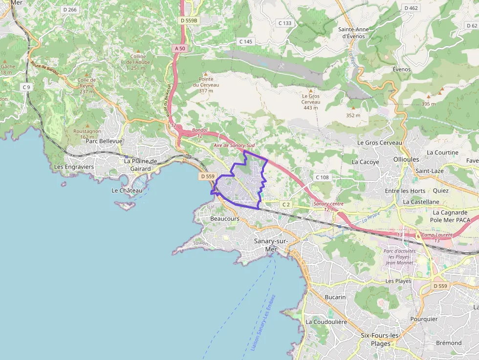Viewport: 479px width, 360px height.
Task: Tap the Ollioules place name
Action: point(406,160)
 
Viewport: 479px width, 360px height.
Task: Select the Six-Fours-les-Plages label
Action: point(380,339)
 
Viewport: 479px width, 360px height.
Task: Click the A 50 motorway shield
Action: point(179,48)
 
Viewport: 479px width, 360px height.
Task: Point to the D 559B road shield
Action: point(189,21)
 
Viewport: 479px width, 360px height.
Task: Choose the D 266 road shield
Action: point(70,10)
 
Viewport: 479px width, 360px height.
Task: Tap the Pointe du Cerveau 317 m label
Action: point(209,85)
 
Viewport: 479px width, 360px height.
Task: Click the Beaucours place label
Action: point(225,219)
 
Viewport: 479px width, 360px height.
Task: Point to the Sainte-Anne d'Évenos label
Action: point(353,32)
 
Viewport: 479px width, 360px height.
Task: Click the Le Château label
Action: point(127,191)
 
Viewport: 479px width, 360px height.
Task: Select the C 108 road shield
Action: point(323,177)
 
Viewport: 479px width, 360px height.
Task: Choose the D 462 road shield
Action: point(411,8)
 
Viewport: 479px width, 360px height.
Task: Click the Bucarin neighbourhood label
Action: point(335,297)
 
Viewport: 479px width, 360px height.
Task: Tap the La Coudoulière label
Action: point(326,322)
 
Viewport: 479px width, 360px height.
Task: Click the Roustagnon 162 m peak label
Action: point(87,134)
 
